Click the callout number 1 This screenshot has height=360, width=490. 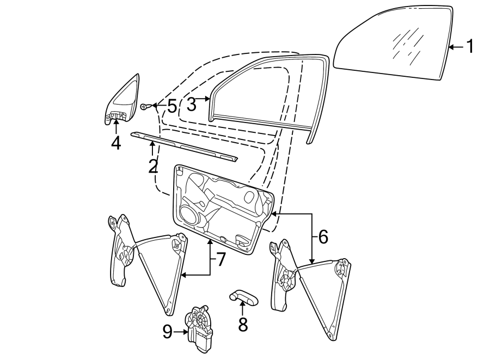468,47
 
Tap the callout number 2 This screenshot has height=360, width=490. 153,166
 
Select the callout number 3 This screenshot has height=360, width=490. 191,103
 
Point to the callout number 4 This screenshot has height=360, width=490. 116,143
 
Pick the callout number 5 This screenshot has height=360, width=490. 171,106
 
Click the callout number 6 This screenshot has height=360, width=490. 323,236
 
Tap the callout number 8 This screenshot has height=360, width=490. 243,324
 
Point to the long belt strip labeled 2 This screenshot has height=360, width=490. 185,145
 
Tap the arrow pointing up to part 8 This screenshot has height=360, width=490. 243,309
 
